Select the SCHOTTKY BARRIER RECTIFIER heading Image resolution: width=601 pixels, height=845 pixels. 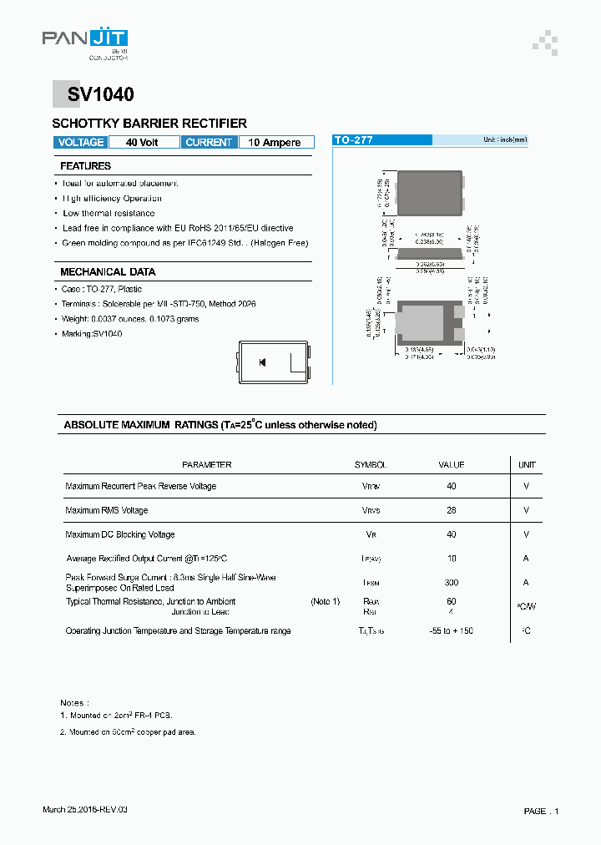149,124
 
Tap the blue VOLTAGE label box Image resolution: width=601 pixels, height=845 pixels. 81,143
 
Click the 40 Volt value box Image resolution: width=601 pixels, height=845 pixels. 142,143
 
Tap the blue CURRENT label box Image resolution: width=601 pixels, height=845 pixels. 209,143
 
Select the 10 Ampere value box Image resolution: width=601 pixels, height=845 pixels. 275,143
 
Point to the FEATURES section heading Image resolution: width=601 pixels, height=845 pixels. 85,166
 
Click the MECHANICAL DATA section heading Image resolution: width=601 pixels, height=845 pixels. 108,272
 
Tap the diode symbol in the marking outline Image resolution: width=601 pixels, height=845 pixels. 262,362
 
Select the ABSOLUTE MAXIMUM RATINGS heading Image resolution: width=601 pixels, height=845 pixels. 220,425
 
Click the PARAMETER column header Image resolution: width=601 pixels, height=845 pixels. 207,465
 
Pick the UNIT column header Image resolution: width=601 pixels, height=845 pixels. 527,465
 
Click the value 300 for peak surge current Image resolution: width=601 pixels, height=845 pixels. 452,583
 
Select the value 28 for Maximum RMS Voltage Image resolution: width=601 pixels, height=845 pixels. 452,510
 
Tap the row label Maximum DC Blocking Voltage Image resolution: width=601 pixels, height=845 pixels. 120,534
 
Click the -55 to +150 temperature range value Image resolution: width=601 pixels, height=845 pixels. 451,631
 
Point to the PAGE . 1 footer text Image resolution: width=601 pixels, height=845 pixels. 542,811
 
